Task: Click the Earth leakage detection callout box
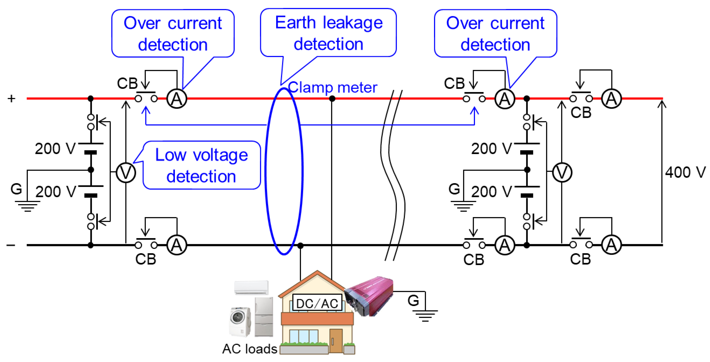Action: tap(328, 33)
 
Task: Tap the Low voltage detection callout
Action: tap(201, 165)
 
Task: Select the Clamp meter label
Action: tap(333, 87)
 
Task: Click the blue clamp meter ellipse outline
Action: tap(266, 171)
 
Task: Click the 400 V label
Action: tap(685, 172)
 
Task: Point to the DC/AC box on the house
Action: tap(317, 303)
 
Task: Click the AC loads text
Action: tap(250, 349)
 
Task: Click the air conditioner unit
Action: tap(251, 288)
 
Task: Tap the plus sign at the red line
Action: tap(11, 98)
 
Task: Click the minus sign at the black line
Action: tap(11, 245)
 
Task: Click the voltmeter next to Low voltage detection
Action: tap(126, 172)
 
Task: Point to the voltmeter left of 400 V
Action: tap(562, 172)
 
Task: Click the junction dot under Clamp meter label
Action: tap(332, 98)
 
